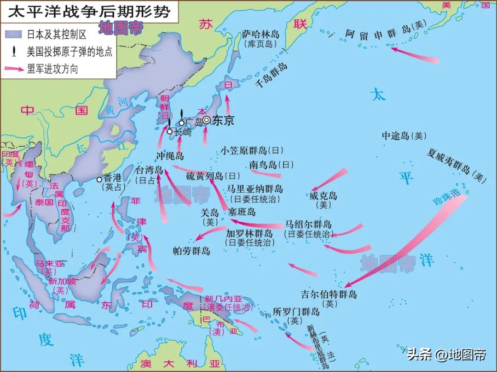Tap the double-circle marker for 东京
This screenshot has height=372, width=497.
207,120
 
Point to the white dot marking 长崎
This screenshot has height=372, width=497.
170,131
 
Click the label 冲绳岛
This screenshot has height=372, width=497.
170,155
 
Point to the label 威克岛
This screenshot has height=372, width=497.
323,196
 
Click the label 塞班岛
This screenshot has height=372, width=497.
242,213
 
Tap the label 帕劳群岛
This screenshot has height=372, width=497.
191,251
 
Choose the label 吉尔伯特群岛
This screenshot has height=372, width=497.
329,294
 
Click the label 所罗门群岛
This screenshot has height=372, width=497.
296,312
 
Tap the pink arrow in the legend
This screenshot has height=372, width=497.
15,69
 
